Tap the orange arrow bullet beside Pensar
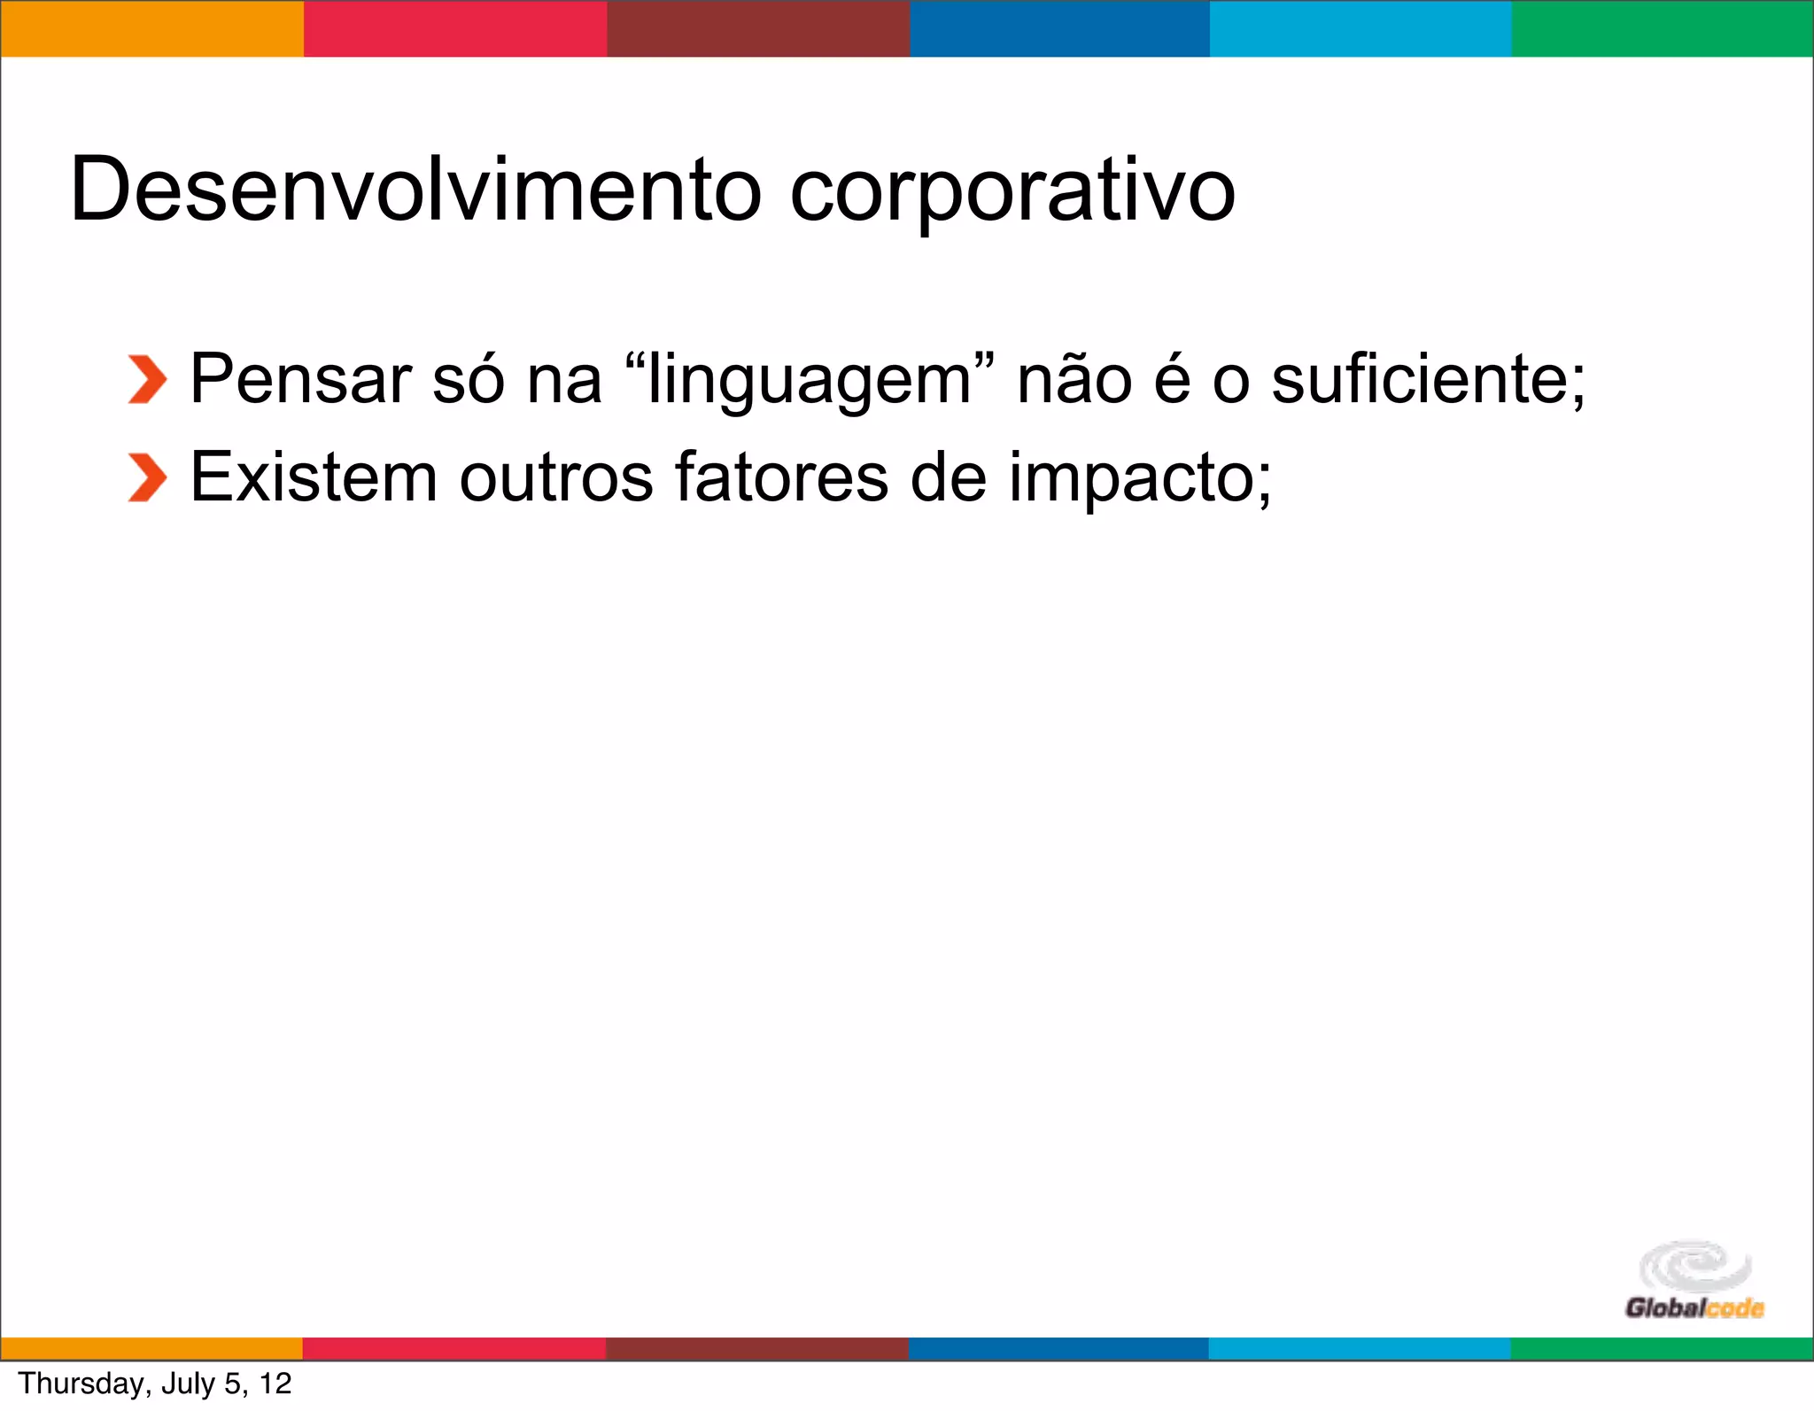pyautogui.click(x=147, y=380)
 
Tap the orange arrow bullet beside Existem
pyautogui.click(x=147, y=477)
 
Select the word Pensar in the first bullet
pyautogui.click(x=301, y=380)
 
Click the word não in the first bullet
pyautogui.click(x=1074, y=380)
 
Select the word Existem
pyautogui.click(x=314, y=477)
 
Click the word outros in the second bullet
pyautogui.click(x=555, y=477)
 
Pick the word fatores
pyautogui.click(x=780, y=477)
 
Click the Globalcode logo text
pyautogui.click(x=1694, y=1308)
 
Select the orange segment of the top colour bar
pyautogui.click(x=151, y=28)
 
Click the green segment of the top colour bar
pyautogui.click(x=1662, y=28)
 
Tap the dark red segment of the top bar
pyautogui.click(x=758, y=28)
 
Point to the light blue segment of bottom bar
pyautogui.click(x=1359, y=1348)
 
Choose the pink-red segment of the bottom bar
pyautogui.click(x=454, y=1348)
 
